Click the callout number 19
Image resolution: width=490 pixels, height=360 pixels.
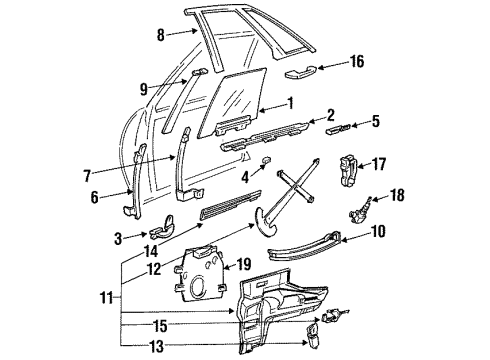(x=243, y=265)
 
